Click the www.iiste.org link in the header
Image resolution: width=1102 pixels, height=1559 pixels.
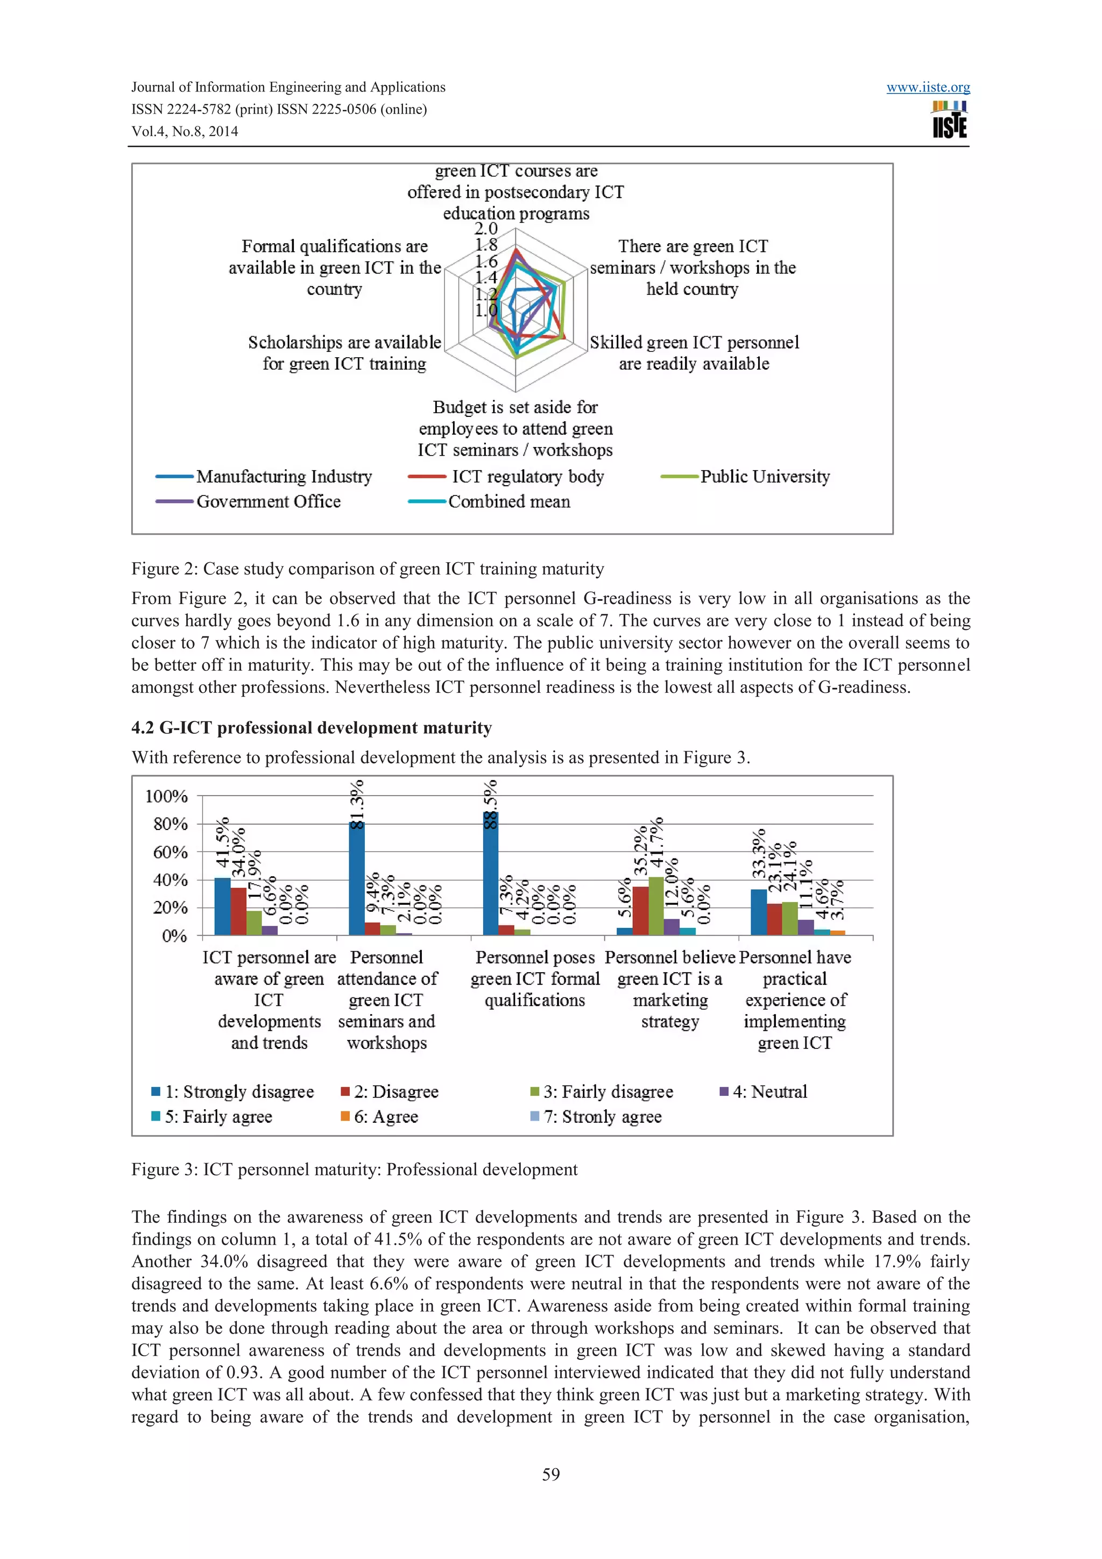point(928,88)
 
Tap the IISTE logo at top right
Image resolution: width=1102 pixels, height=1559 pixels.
point(949,120)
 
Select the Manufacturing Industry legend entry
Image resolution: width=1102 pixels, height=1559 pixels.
point(284,477)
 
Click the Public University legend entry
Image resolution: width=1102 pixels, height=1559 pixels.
point(765,477)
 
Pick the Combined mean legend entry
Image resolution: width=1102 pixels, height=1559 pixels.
point(508,502)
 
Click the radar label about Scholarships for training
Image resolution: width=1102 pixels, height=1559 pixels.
point(344,353)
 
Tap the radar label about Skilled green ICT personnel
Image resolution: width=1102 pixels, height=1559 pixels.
point(694,353)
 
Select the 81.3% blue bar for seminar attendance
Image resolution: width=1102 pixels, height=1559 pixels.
point(356,880)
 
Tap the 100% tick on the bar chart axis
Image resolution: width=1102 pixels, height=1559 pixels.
point(166,796)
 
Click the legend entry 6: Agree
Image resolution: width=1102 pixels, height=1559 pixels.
point(385,1117)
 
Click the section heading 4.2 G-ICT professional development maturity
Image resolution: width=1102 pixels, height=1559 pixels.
point(311,728)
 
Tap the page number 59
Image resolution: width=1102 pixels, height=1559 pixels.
point(550,1474)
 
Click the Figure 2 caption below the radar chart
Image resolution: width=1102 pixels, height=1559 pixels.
point(368,569)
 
